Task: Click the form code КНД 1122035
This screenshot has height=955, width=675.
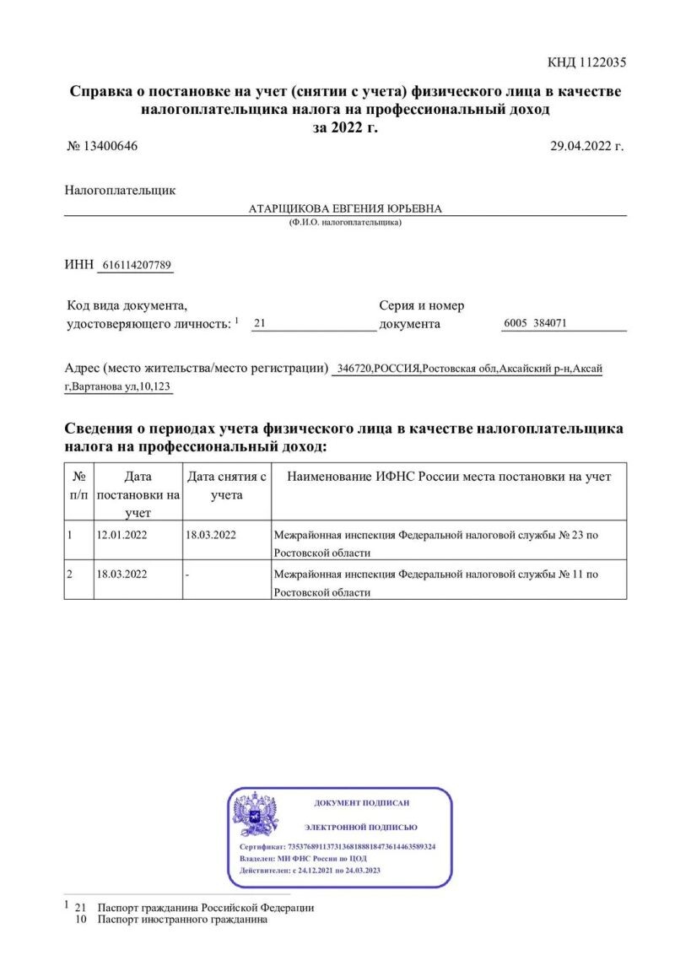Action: click(x=586, y=62)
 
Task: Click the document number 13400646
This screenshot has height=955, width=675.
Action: click(x=110, y=146)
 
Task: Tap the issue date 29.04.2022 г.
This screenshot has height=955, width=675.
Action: click(x=586, y=146)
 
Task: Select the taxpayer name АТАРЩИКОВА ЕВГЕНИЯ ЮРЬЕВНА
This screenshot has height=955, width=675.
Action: click(x=345, y=208)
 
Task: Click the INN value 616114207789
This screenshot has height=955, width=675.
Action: click(x=137, y=265)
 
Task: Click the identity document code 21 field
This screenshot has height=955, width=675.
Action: click(x=260, y=323)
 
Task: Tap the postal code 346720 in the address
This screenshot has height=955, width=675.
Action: click(x=354, y=369)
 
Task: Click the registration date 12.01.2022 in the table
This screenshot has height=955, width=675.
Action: click(x=122, y=535)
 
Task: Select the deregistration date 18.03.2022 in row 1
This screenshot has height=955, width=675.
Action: click(x=210, y=535)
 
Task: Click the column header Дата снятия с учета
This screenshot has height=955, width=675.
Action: click(x=226, y=486)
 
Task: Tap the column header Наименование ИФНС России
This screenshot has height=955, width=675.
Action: click(x=449, y=477)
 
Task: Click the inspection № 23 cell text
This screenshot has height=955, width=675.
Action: click(x=436, y=543)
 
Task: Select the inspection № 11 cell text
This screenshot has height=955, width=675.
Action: click(x=436, y=582)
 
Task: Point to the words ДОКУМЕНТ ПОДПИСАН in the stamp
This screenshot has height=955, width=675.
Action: click(x=361, y=803)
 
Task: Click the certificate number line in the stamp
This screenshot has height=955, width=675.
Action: click(x=337, y=846)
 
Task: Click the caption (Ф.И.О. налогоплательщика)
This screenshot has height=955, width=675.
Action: click(x=345, y=223)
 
